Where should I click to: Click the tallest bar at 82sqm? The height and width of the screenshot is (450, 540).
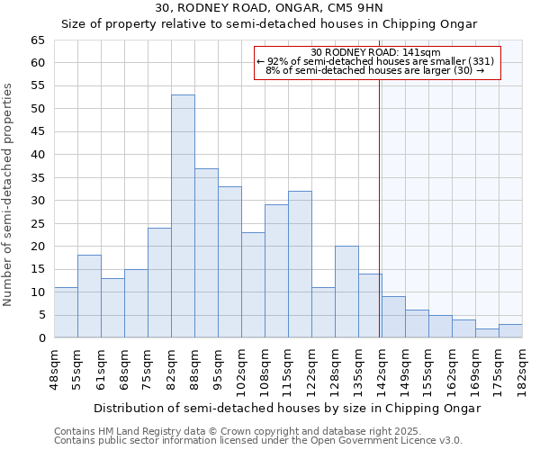(183, 216)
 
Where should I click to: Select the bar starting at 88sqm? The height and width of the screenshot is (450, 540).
(206, 253)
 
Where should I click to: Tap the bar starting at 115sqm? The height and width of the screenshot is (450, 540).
(300, 265)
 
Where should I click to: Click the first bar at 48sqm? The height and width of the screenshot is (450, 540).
(66, 312)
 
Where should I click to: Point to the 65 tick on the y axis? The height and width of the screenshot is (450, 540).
(37, 40)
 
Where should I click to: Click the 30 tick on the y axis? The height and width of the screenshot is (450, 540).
(37, 201)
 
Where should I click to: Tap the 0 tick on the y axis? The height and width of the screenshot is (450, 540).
(40, 338)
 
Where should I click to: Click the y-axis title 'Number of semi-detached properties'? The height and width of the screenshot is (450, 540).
(9, 194)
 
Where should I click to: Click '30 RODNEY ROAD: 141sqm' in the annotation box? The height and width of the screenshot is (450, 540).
(375, 52)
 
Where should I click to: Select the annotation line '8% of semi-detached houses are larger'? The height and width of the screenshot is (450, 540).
(375, 70)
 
